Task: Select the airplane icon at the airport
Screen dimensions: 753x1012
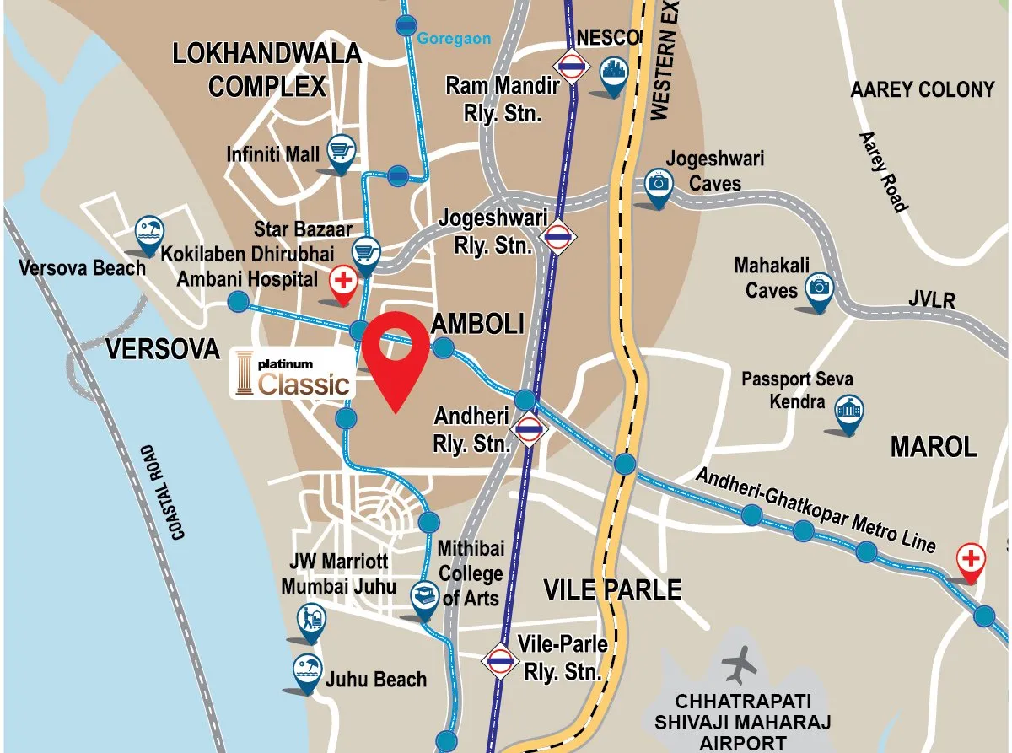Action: (x=740, y=664)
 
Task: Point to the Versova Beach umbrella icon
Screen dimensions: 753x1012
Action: (x=150, y=230)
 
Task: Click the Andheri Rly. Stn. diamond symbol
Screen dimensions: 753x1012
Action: (x=529, y=429)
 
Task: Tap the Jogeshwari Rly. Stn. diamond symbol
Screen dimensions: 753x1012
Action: (x=557, y=238)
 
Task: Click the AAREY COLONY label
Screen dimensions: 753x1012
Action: (x=922, y=89)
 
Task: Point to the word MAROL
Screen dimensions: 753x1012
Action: (x=933, y=447)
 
